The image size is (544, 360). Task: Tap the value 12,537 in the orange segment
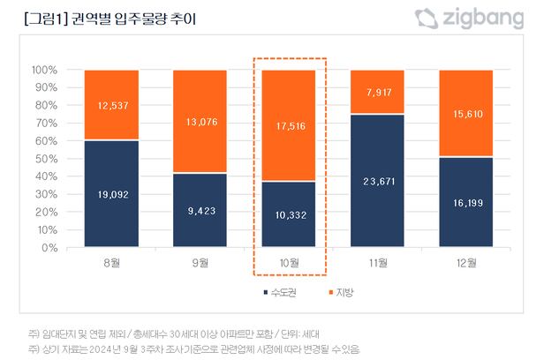point(111,106)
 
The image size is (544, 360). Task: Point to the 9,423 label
point(200,211)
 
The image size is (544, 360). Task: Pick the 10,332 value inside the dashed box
point(290,215)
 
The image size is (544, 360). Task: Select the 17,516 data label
point(290,126)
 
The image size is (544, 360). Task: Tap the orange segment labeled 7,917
point(378,93)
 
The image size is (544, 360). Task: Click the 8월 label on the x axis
point(111,263)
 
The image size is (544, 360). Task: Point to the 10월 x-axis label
point(290,263)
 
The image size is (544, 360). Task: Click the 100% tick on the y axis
point(44,70)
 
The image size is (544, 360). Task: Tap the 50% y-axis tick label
point(46,159)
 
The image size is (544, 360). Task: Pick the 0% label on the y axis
point(49,248)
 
